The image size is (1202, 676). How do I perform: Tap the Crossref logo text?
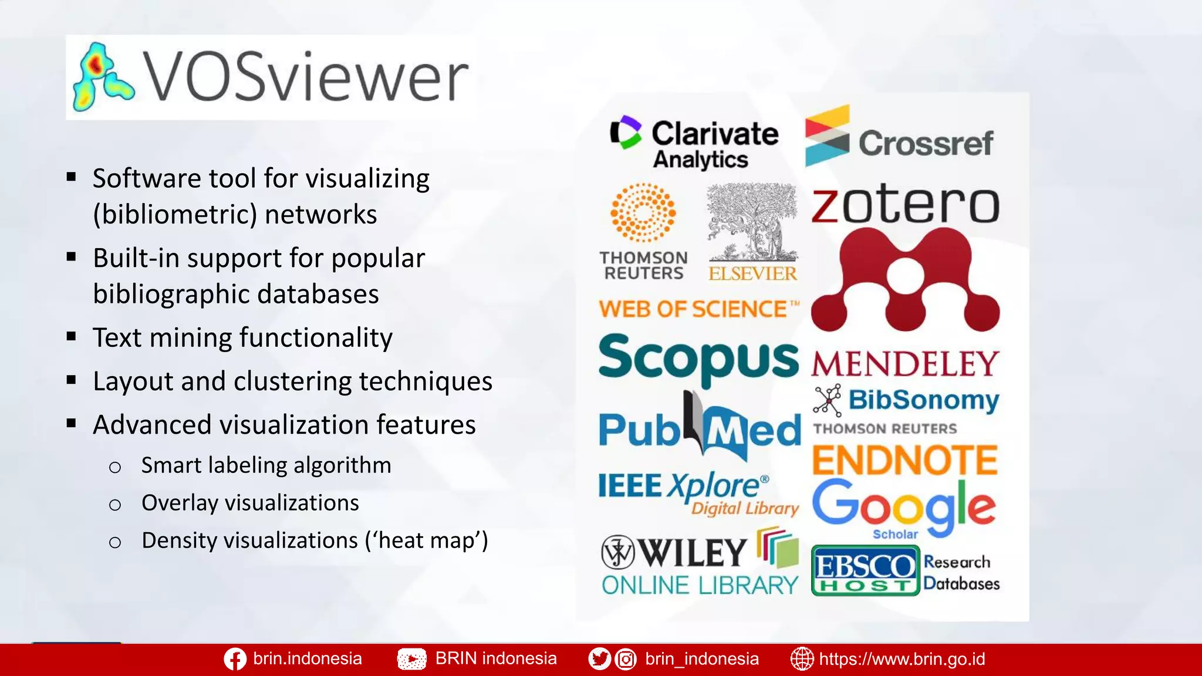926,143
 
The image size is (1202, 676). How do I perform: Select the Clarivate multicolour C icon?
626,132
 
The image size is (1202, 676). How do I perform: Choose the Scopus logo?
698,358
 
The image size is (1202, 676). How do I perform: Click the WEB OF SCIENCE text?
693,309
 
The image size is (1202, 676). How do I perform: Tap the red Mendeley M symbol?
906,280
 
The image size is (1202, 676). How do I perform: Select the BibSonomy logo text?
924,400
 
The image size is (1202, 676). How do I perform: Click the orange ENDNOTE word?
905,460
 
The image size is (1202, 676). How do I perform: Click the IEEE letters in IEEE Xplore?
630,486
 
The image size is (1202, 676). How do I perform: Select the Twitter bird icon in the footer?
599,659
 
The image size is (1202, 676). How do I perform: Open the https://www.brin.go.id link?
901,659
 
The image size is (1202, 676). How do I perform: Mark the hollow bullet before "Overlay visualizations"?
115,505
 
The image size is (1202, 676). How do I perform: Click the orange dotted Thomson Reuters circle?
643,212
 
